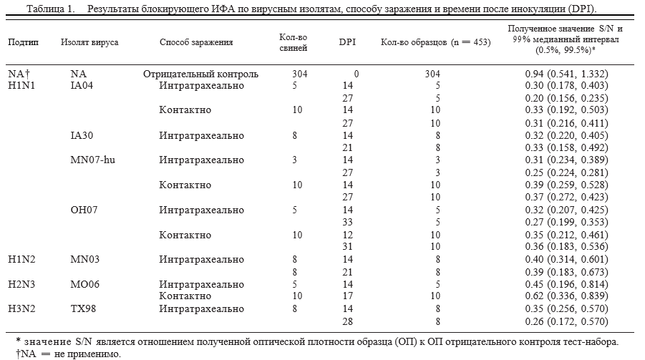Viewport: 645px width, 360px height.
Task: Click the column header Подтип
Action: [x=23, y=42]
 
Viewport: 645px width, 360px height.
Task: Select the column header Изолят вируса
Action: [x=90, y=42]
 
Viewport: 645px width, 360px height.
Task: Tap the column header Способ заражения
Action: [x=196, y=42]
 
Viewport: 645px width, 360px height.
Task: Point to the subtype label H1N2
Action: [x=22, y=259]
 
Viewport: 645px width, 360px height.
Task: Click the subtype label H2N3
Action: [x=22, y=284]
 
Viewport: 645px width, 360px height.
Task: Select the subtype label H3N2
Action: [x=22, y=309]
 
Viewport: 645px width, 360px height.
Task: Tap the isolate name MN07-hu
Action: [x=92, y=160]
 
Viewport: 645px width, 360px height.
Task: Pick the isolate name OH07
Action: [x=84, y=210]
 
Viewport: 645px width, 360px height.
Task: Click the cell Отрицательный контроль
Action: [x=200, y=74]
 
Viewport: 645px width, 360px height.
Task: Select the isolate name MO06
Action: [x=84, y=284]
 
